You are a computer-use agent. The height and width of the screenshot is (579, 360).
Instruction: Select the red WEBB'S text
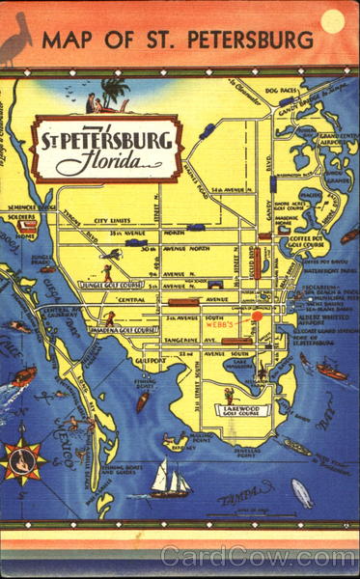223,325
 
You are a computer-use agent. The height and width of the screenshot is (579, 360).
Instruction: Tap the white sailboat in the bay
171,479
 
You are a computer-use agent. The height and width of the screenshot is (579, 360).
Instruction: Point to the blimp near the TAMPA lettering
301,492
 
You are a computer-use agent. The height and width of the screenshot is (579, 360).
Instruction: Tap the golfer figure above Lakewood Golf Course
228,394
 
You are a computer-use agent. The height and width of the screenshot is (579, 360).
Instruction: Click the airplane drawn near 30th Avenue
114,254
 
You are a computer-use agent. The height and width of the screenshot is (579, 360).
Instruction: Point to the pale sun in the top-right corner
333,20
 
